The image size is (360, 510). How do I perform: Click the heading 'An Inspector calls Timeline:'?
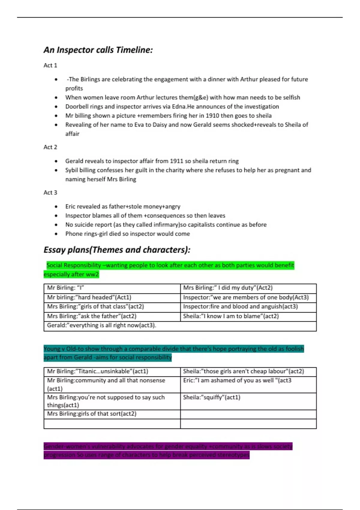tap(98, 50)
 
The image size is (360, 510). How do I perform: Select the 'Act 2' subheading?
tap(50, 147)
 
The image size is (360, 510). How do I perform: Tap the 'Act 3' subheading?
tap(50, 192)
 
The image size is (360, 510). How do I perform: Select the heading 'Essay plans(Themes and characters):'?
tap(117, 250)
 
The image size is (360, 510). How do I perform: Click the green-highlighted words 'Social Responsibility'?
tap(74, 265)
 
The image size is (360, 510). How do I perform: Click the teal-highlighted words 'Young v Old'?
tap(59, 349)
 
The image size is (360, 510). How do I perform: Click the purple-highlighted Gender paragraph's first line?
tap(168, 446)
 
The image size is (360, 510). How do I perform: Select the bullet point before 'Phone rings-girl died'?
tap(56, 234)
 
